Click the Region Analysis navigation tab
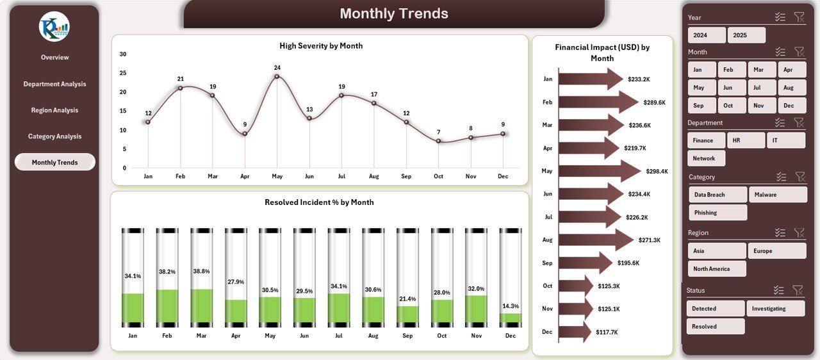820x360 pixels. [x=54, y=110]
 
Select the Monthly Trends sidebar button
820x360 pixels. [x=54, y=162]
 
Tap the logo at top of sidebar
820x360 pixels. [x=54, y=27]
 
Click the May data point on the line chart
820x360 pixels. [x=277, y=77]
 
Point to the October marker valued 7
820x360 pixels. [x=438, y=141]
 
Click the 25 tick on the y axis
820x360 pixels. [x=123, y=73]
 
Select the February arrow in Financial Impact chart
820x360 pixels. [x=598, y=102]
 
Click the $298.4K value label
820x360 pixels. [x=657, y=171]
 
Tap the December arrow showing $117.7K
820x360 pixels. [x=575, y=332]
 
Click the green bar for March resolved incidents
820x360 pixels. [x=201, y=306]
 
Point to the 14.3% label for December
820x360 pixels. [x=511, y=306]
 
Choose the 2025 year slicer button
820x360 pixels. [x=746, y=35]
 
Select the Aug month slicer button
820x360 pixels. [x=788, y=88]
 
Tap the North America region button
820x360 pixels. [x=717, y=269]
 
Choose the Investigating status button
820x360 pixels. [x=775, y=309]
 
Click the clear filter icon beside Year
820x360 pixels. [x=799, y=17]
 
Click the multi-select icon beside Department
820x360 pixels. [x=780, y=122]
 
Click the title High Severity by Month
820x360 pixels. [x=321, y=45]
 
